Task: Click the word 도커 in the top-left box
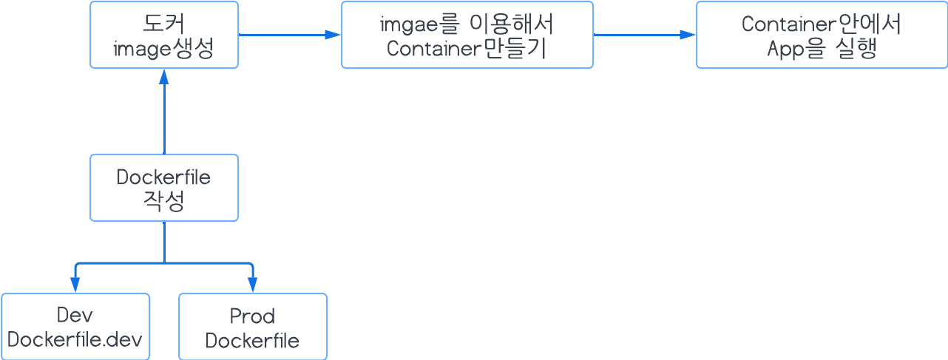point(163,23)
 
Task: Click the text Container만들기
point(467,49)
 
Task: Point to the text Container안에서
point(822,24)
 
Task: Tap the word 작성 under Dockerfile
point(163,202)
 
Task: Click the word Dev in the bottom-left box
point(75,316)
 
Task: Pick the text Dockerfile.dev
point(75,340)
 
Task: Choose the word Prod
point(252,316)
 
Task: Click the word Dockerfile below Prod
point(252,341)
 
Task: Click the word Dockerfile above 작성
point(163,177)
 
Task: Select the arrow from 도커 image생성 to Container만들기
point(288,34)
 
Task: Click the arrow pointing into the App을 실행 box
point(643,34)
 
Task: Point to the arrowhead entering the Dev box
point(75,285)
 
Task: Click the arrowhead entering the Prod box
point(252,285)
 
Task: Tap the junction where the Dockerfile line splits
point(163,262)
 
